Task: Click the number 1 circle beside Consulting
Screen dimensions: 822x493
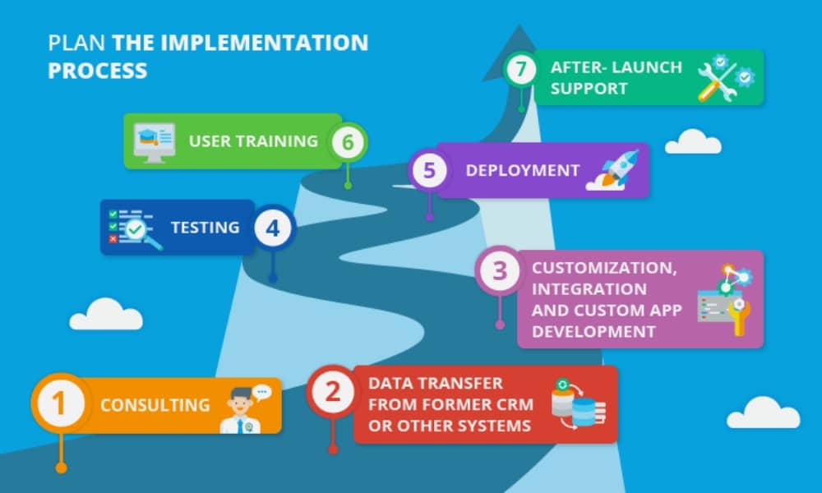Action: pos(59,404)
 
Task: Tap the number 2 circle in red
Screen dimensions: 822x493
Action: pos(333,391)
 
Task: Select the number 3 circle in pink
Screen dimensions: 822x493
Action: pos(500,271)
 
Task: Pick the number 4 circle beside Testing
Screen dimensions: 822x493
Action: pos(273,228)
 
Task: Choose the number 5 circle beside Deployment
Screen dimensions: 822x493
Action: pos(429,170)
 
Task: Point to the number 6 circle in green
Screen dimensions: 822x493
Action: pos(348,141)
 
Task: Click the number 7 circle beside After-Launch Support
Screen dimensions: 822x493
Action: pos(520,69)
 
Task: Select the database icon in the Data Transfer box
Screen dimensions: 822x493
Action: pos(578,404)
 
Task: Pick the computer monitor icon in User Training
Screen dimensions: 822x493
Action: pos(155,142)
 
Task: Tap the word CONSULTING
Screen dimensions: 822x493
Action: pos(155,405)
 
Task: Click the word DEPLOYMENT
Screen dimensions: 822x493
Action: pos(522,170)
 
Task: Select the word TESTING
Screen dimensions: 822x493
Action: pos(205,228)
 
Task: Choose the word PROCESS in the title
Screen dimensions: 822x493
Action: pos(98,71)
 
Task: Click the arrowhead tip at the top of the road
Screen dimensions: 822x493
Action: pos(520,25)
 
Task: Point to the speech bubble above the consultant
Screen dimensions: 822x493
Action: pos(261,393)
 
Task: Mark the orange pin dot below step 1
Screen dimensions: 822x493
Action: pos(62,468)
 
